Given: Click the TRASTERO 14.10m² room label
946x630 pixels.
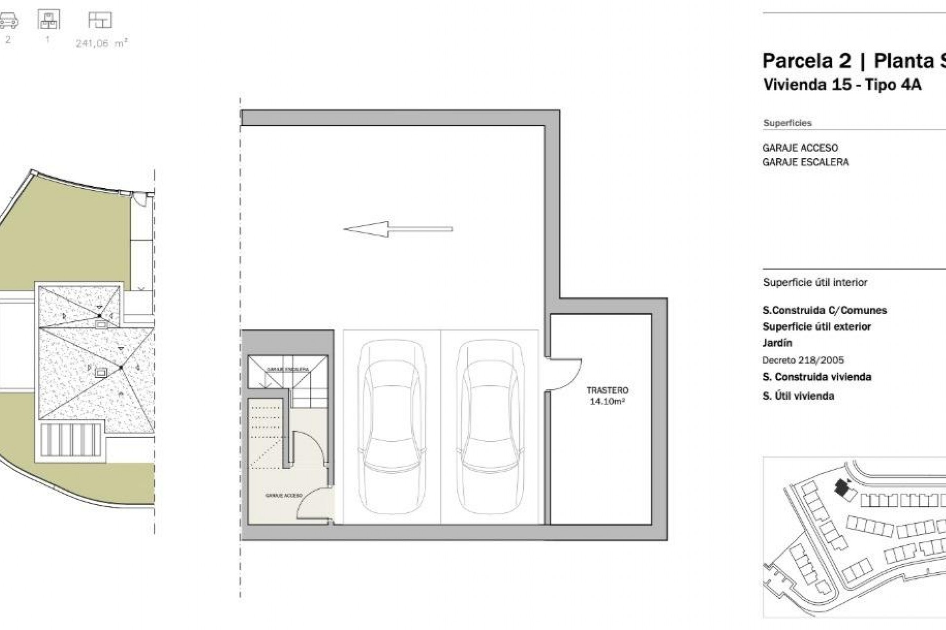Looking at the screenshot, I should (x=607, y=396).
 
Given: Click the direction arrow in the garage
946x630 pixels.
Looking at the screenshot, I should (x=397, y=229).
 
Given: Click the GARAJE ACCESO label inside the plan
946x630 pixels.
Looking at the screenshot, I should (x=283, y=496).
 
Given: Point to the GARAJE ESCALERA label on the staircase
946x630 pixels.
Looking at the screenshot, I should (x=287, y=369).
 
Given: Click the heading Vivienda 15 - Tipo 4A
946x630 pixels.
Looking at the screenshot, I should (x=842, y=85).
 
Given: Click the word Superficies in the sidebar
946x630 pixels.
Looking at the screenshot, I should (x=787, y=123).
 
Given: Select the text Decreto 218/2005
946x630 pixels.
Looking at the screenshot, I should (x=803, y=360).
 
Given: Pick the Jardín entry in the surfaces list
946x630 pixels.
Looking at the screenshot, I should (x=777, y=343).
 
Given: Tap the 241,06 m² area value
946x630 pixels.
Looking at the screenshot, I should (x=101, y=43).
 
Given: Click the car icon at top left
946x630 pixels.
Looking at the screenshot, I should (x=8, y=21).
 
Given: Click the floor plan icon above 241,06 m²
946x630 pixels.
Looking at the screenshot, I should (x=100, y=21).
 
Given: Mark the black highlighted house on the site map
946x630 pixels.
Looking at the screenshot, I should (x=841, y=488).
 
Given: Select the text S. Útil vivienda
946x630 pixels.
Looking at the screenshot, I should (x=798, y=396).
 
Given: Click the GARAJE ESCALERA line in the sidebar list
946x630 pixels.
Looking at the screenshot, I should (x=805, y=162).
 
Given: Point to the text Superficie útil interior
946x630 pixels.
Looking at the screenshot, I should (x=815, y=282).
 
